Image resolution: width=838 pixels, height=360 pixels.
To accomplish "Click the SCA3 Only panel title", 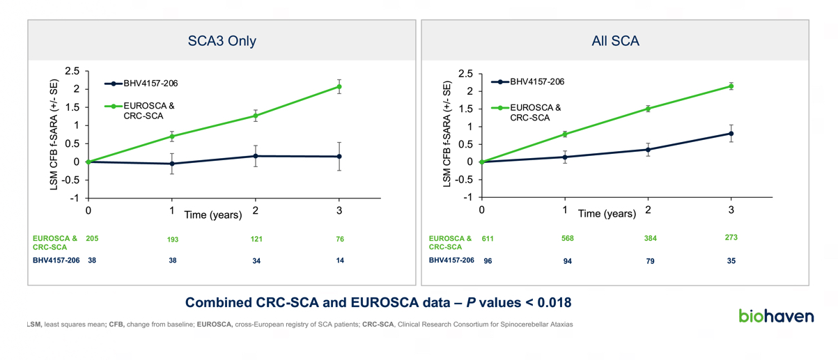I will pyautogui.click(x=222, y=41).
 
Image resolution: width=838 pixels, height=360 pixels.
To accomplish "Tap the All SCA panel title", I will pyautogui.click(x=615, y=41).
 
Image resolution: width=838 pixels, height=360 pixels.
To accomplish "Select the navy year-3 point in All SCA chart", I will pyautogui.click(x=731, y=133).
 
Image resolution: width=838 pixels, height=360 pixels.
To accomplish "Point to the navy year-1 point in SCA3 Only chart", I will pyautogui.click(x=172, y=164).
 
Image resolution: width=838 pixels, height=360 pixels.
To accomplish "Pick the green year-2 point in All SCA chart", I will pyautogui.click(x=648, y=109).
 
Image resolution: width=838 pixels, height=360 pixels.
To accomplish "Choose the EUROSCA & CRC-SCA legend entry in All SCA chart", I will pyautogui.click(x=535, y=112).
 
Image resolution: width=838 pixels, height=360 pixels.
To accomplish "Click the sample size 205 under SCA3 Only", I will pyautogui.click(x=91, y=239).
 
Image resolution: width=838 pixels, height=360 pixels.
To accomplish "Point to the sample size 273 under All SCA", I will pyautogui.click(x=731, y=238).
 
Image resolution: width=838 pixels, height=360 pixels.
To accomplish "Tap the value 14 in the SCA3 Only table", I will pyautogui.click(x=339, y=260).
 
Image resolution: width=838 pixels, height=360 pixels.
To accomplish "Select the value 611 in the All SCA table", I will pyautogui.click(x=489, y=239).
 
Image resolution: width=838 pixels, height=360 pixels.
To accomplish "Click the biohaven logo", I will pyautogui.click(x=776, y=316).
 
